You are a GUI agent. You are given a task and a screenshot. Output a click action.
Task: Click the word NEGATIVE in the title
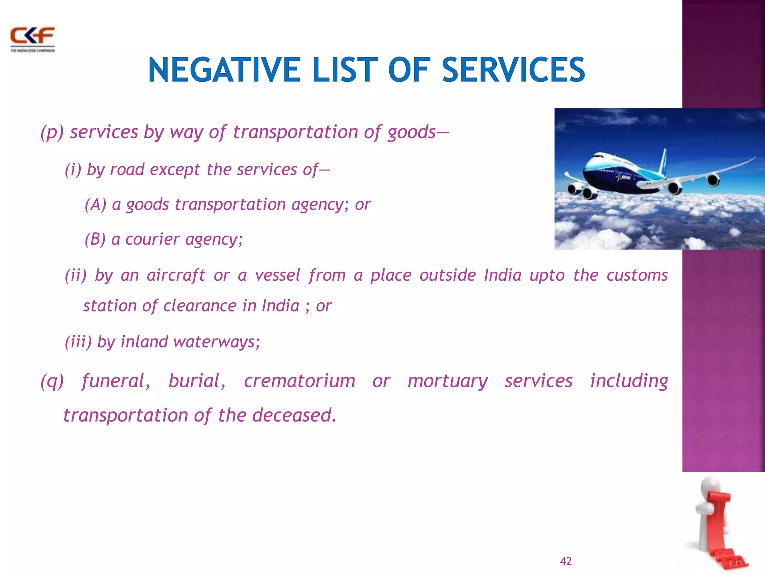pyautogui.click(x=224, y=70)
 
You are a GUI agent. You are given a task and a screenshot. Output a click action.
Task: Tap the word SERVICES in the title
pyautogui.click(x=513, y=70)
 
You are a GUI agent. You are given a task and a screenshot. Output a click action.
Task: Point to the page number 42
pyautogui.click(x=566, y=561)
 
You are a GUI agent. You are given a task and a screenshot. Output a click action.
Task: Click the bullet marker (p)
pyautogui.click(x=52, y=132)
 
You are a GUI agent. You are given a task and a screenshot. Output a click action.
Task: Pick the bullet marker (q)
pyautogui.click(x=52, y=382)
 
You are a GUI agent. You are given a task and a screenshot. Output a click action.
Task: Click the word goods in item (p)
pyautogui.click(x=411, y=132)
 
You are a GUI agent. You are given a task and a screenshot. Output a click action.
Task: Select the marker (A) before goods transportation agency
pyautogui.click(x=96, y=204)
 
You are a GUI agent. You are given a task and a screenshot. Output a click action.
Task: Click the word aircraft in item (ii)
pyautogui.click(x=176, y=275)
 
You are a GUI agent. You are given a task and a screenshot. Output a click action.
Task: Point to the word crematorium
pyautogui.click(x=300, y=382)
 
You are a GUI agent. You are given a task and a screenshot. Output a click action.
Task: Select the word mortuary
pyautogui.click(x=447, y=382)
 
